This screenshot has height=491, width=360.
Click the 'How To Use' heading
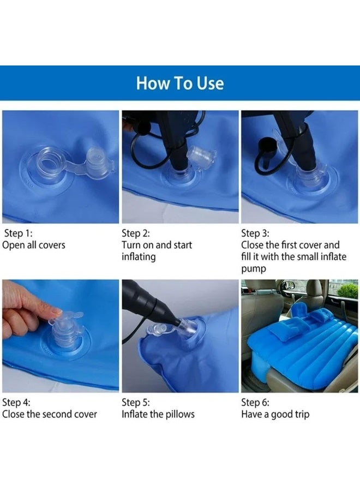tap(180, 83)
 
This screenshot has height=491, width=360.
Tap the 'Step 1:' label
tap(18, 233)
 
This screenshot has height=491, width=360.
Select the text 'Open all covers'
tap(34, 245)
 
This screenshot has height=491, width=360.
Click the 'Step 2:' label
tap(136, 233)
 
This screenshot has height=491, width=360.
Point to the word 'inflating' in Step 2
tap(139, 257)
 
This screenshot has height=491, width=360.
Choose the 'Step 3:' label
tap(255, 233)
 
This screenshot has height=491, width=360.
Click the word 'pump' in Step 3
tap(254, 269)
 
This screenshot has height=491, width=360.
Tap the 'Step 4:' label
tap(16, 402)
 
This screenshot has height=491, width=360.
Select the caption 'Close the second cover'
tap(50, 414)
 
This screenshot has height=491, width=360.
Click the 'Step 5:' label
tap(136, 402)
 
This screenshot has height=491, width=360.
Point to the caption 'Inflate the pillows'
tap(158, 414)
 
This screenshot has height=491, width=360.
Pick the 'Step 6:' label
tap(255, 402)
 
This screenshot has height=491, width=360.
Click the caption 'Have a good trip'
tap(275, 414)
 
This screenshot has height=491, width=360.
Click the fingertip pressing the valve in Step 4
tap(56, 312)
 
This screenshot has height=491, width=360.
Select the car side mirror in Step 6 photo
tap(289, 285)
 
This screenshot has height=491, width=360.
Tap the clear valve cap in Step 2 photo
tap(201, 155)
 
